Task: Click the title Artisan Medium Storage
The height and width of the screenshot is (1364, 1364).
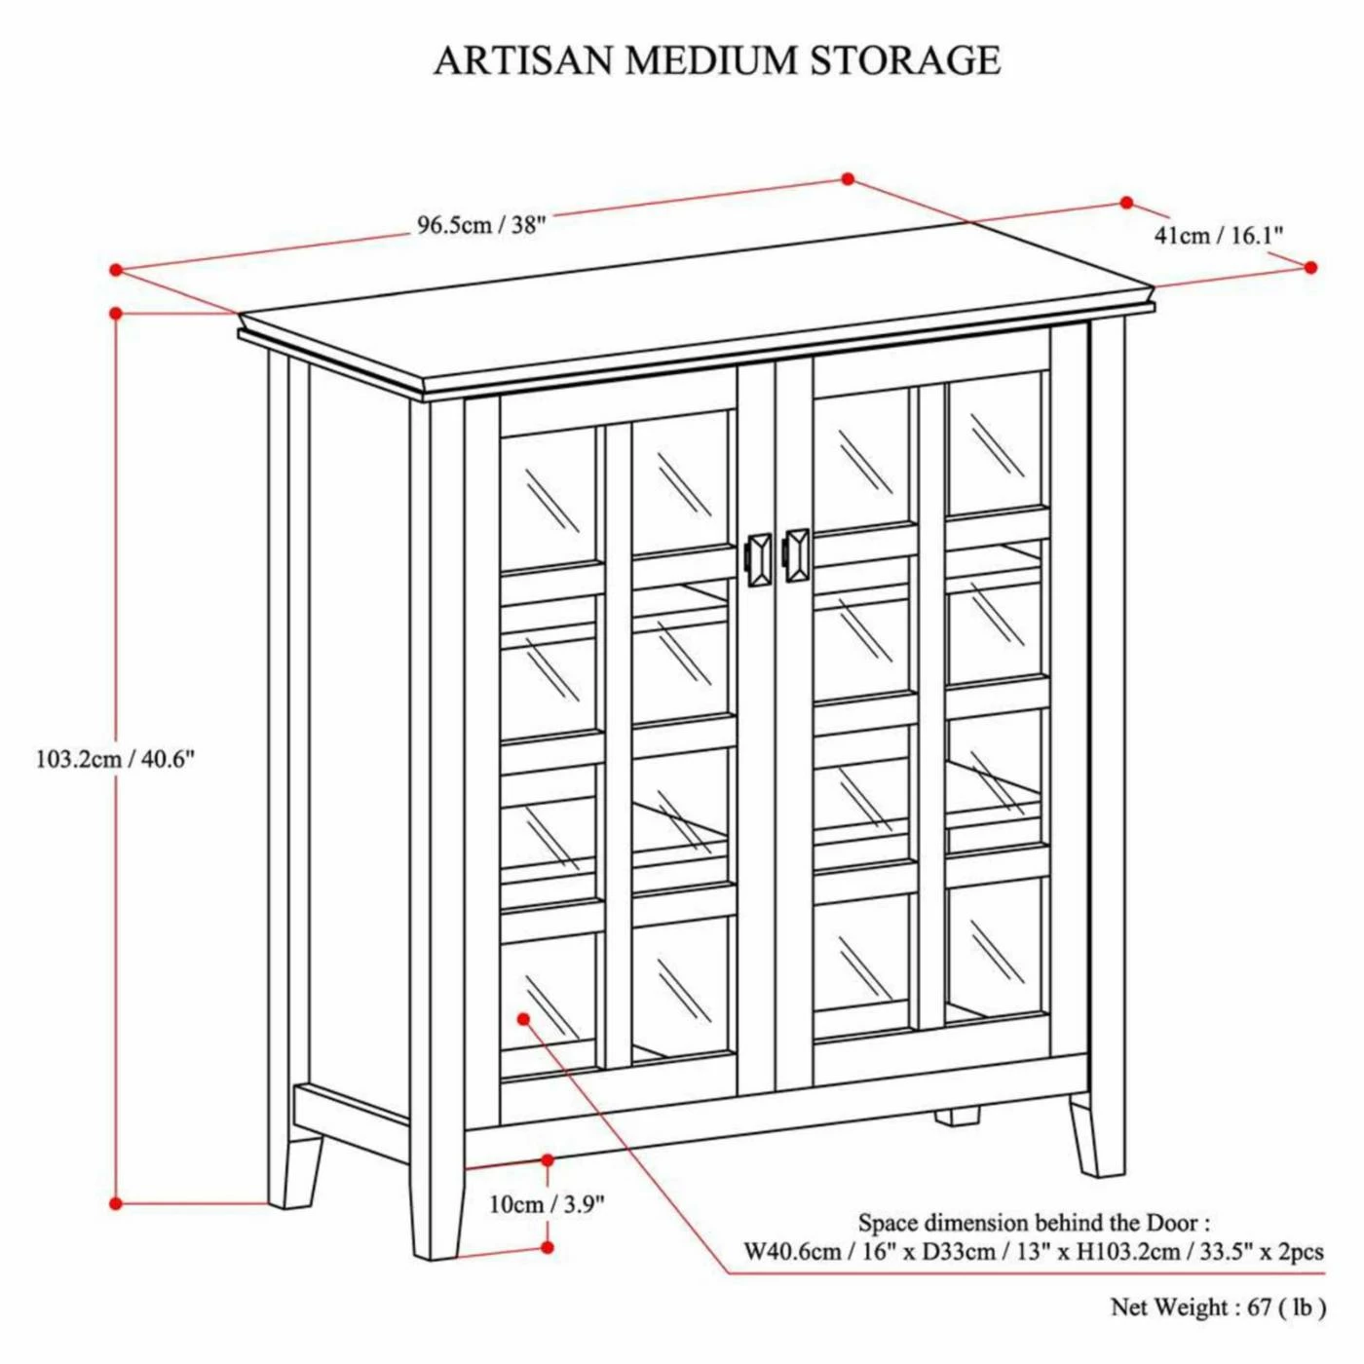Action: point(717,60)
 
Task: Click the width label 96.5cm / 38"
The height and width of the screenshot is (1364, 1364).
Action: point(481,225)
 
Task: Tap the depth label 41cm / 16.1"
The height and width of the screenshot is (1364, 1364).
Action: point(1218,235)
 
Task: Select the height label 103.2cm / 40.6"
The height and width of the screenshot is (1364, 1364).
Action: point(116,759)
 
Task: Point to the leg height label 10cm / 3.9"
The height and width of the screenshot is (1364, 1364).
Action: point(546,1204)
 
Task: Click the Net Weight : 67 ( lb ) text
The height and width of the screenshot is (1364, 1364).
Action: point(1217,1307)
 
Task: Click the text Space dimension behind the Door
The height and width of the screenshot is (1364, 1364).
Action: point(1033,1223)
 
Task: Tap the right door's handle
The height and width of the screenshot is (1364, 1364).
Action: point(797,555)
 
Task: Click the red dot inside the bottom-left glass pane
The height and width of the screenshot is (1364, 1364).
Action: point(523,1018)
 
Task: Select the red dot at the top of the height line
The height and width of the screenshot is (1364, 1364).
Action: point(116,313)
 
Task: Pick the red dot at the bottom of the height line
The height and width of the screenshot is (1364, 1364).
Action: point(116,1203)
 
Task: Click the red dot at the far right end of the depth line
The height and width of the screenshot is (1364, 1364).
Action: point(1310,267)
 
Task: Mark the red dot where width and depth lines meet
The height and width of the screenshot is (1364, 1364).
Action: point(848,179)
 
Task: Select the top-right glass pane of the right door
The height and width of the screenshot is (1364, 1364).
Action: point(995,443)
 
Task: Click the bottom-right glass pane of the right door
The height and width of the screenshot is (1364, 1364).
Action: point(995,950)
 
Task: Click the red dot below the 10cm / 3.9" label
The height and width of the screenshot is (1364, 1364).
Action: point(548,1247)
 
